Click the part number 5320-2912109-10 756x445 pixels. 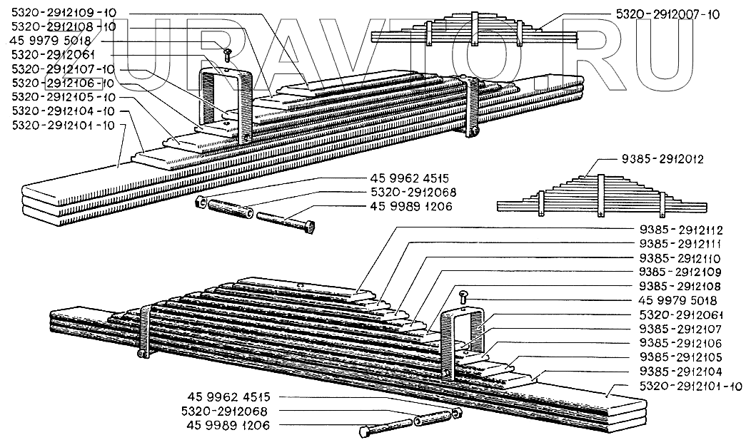coord(65,13)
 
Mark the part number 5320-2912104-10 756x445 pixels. coord(65,111)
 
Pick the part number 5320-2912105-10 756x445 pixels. coord(65,96)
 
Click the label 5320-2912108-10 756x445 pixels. coord(65,26)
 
